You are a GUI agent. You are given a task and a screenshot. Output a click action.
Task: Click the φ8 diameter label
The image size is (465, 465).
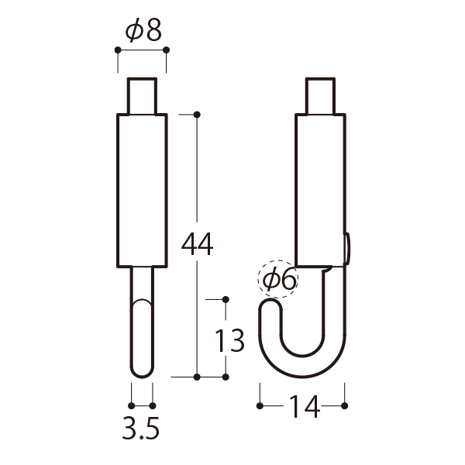click(143, 30)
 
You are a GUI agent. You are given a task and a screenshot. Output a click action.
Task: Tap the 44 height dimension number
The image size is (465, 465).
click(197, 244)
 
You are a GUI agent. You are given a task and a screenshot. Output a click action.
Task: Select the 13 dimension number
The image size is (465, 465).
click(229, 341)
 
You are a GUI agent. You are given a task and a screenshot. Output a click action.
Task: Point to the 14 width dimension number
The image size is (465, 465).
click(305, 406)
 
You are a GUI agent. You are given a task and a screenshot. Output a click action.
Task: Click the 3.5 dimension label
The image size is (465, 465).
click(141, 428)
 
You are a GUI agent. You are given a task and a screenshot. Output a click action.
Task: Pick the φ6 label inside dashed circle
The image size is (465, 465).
click(279, 278)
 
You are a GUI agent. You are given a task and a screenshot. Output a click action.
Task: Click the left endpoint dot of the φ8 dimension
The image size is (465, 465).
click(118, 50)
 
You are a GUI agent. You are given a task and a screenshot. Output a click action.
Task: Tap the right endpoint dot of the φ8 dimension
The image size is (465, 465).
click(167, 50)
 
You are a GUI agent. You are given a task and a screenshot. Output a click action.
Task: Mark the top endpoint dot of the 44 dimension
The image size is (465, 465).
click(197, 115)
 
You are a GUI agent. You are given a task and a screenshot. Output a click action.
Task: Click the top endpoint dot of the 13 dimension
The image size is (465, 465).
click(226, 299)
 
